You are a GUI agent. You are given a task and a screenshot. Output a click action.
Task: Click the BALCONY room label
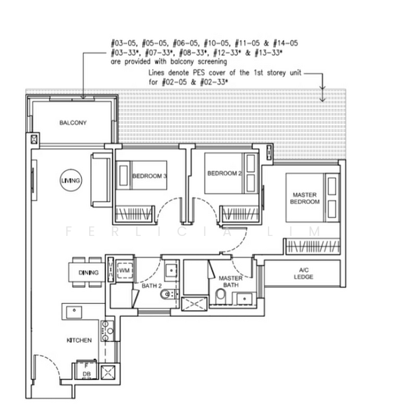(73, 122)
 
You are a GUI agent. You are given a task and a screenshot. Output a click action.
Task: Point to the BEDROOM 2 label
(224, 173)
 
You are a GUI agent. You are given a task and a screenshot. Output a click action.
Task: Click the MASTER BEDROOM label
(304, 198)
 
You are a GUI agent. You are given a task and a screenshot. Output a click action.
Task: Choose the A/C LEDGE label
(303, 273)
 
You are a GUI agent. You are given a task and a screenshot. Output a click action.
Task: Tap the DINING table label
(88, 273)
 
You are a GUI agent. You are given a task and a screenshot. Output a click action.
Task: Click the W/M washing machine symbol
(124, 271)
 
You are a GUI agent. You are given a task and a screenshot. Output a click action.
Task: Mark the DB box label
(86, 374)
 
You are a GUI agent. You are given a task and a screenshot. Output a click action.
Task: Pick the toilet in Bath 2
(165, 295)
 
